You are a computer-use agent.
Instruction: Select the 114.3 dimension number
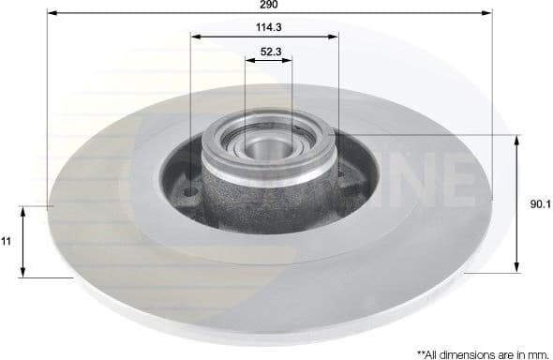click(266, 28)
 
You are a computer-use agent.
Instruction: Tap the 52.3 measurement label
click(268, 52)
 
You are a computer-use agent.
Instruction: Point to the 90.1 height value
click(536, 202)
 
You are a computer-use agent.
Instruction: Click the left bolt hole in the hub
click(191, 193)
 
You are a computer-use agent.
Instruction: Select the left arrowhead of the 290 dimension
click(51, 14)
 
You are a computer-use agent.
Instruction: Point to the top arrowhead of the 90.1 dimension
click(516, 139)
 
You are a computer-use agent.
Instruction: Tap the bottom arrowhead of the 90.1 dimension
click(516, 269)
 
